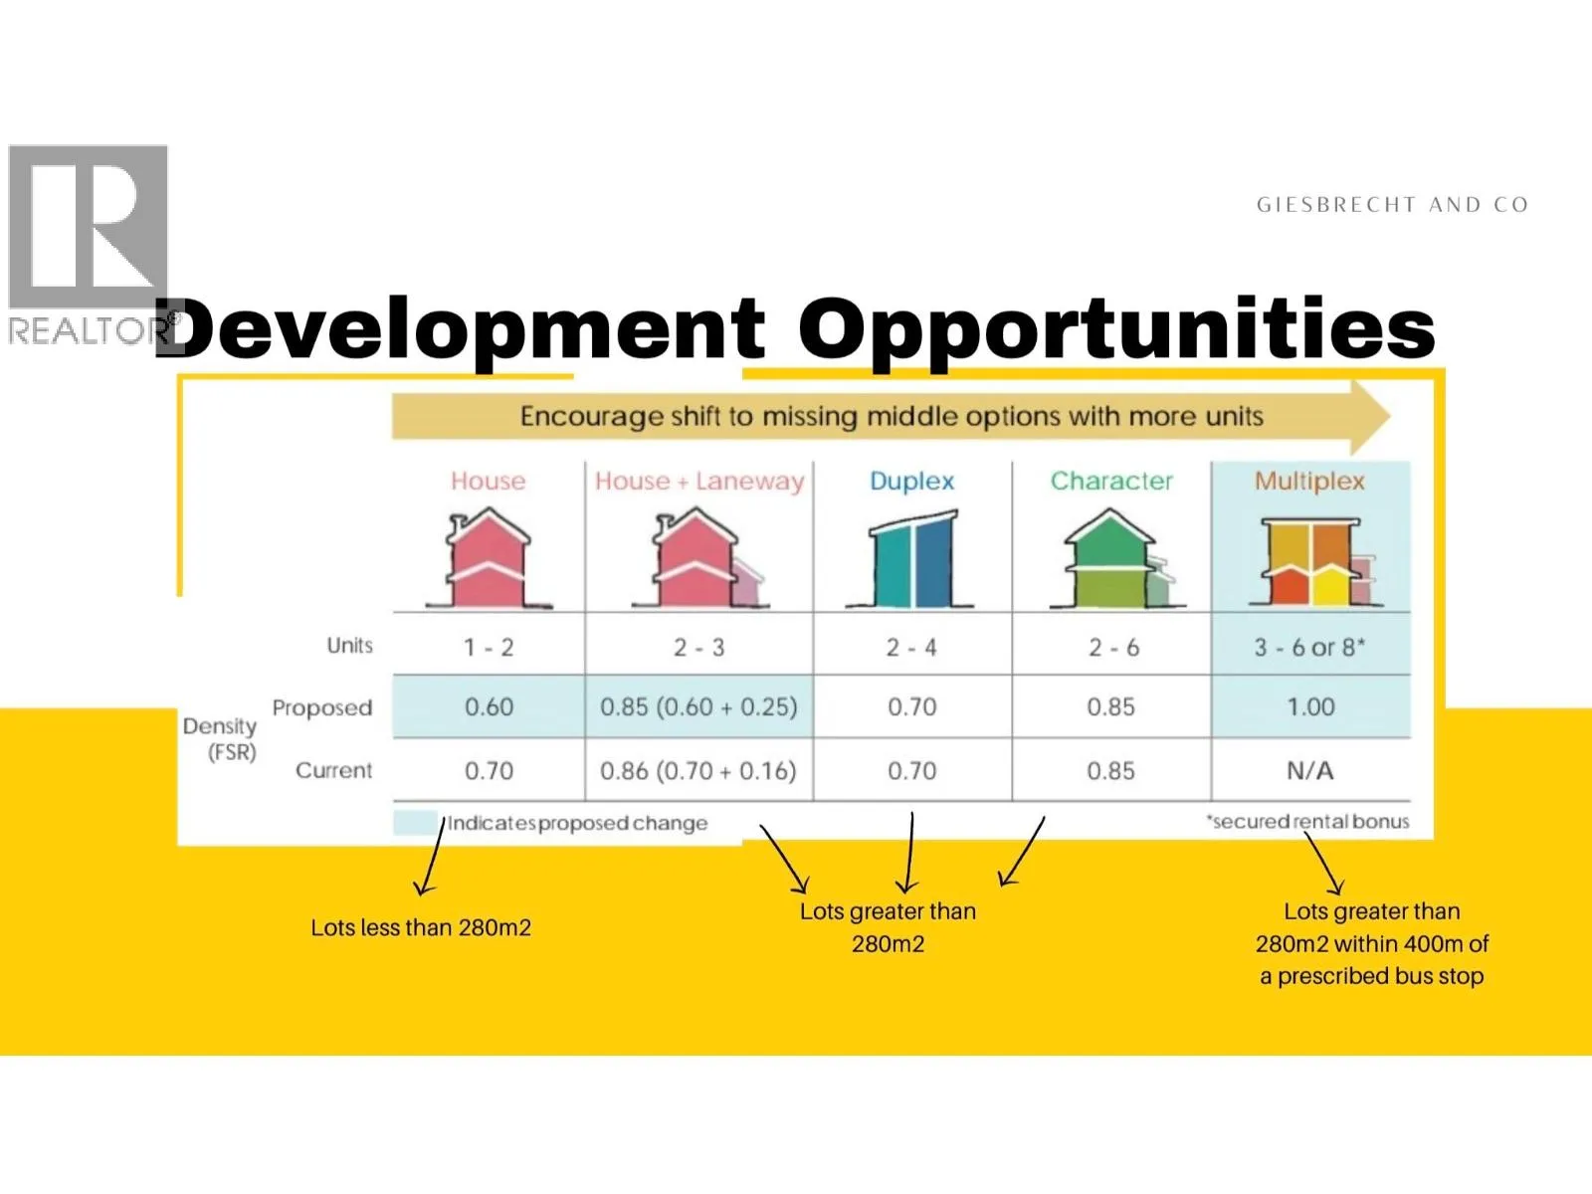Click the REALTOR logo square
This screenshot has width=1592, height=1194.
(88, 227)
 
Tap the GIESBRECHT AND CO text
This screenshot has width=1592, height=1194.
(1393, 205)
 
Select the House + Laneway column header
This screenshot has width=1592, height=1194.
(699, 481)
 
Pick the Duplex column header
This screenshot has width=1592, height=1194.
(911, 481)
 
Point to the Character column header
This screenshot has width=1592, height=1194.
(1111, 481)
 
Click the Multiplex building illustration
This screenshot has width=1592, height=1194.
(1314, 562)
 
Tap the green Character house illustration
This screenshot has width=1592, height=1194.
(1117, 557)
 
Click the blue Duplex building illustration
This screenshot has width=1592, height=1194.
(910, 558)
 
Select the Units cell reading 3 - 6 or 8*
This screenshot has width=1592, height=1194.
(1309, 647)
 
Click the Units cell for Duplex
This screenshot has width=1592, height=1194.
(911, 647)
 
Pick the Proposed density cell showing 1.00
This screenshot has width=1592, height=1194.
(1310, 706)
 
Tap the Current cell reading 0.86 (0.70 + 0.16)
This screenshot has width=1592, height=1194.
(697, 770)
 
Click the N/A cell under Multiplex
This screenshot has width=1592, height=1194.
(1309, 770)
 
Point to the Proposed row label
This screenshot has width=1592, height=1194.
(322, 707)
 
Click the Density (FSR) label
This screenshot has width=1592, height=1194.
(221, 738)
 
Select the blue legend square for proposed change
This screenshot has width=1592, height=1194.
(416, 823)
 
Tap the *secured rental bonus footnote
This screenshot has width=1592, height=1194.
(1307, 822)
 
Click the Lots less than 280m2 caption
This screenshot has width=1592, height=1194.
(421, 928)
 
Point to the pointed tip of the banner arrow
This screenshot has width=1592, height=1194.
(1390, 417)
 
